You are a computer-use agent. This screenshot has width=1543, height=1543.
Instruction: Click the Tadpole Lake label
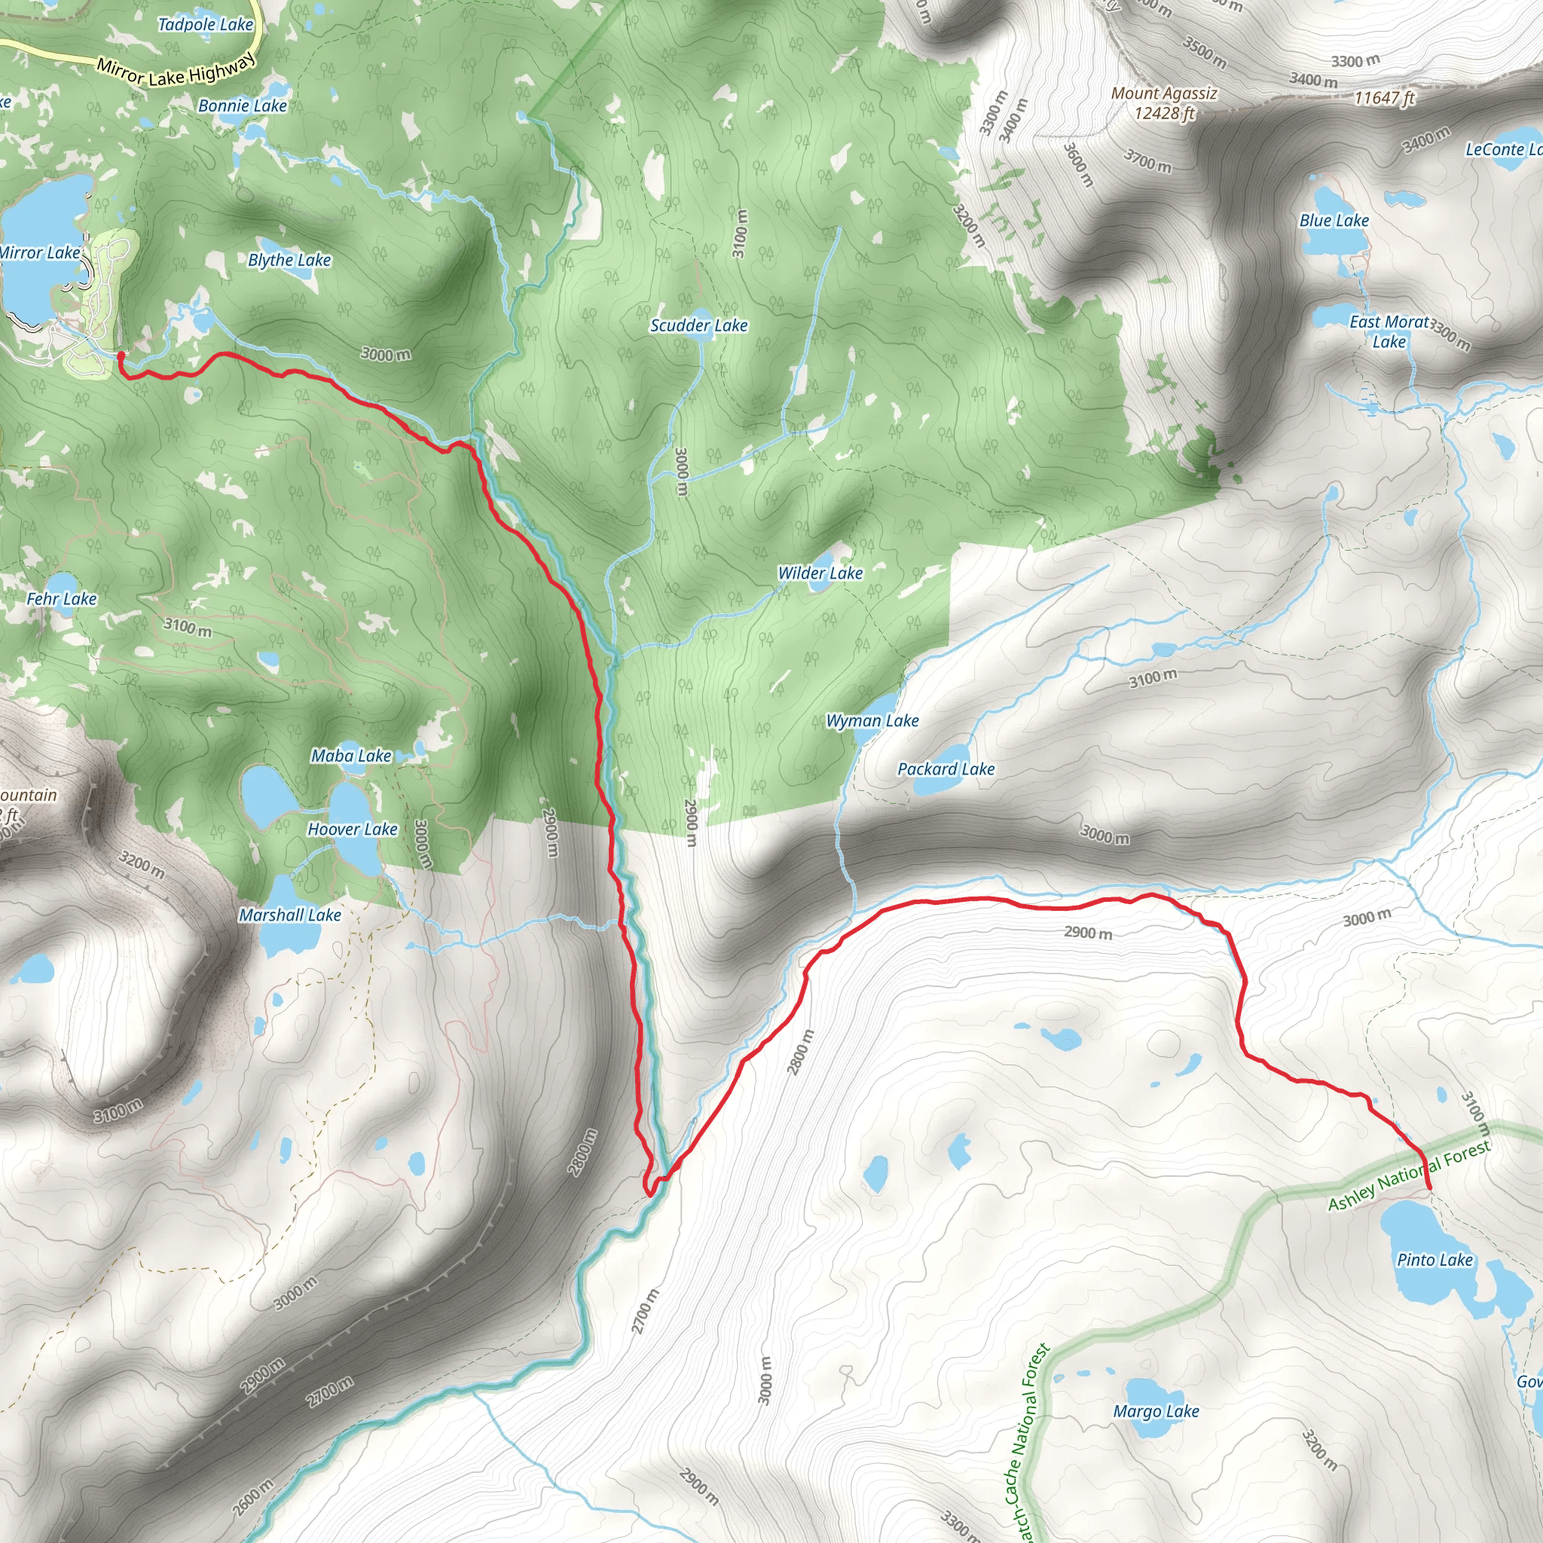(205, 25)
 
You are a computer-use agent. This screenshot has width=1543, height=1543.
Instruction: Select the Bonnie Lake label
(242, 105)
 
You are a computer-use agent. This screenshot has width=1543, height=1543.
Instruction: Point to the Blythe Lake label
(289, 260)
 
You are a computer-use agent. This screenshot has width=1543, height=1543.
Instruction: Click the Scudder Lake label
(699, 325)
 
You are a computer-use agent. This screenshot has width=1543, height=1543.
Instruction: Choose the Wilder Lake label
(820, 573)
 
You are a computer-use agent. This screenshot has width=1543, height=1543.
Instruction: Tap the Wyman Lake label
(872, 720)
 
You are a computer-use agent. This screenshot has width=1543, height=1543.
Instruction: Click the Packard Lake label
(946, 768)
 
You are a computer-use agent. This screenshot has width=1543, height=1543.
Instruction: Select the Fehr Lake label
(62, 598)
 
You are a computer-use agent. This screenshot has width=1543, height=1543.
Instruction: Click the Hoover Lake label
(352, 829)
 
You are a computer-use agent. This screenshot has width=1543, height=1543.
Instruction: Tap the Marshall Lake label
(290, 915)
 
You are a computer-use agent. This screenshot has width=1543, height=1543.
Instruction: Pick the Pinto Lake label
(1435, 1260)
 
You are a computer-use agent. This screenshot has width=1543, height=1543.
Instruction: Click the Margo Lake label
(1156, 1411)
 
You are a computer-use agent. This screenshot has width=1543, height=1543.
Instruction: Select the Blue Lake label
(1334, 221)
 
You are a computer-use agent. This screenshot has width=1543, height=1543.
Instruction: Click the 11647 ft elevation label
(1384, 97)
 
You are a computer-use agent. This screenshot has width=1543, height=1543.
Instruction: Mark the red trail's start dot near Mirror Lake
(121, 355)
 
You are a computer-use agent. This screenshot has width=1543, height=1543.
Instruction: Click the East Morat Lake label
(1389, 332)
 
